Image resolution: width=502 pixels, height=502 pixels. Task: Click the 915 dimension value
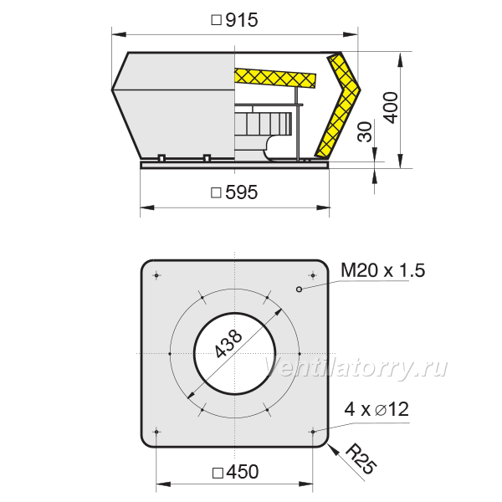[x=242, y=20]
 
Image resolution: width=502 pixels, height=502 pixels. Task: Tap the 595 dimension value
[x=242, y=192]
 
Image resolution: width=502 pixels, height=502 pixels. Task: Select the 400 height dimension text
[x=391, y=108]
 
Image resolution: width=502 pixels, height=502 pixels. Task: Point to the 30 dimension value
[x=365, y=131]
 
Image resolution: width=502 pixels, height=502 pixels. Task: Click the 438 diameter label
[x=228, y=344]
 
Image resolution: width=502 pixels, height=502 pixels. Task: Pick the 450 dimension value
[x=242, y=472]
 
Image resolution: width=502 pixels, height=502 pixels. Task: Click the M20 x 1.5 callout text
[x=383, y=270]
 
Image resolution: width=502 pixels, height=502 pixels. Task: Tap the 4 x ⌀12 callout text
[x=376, y=409]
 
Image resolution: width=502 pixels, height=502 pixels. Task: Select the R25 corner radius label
[x=361, y=458]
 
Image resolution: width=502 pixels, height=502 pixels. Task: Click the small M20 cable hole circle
[x=299, y=289]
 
